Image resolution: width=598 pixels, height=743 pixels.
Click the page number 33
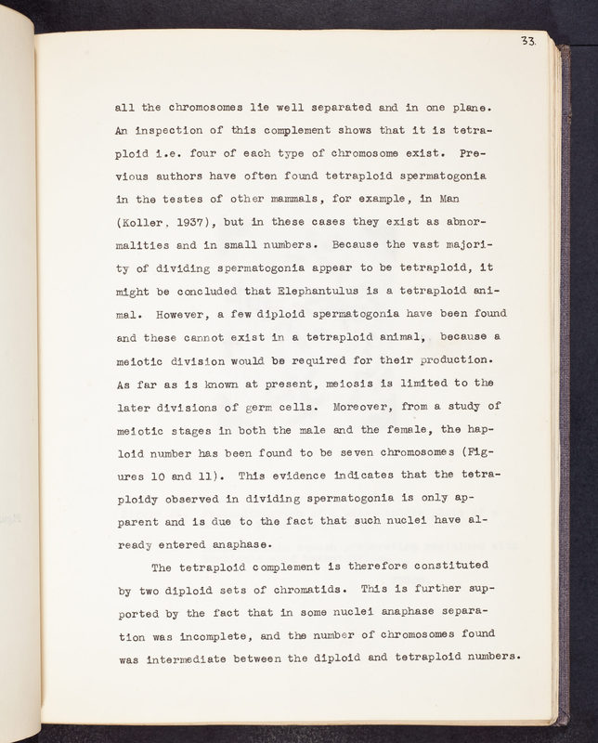(x=529, y=40)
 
